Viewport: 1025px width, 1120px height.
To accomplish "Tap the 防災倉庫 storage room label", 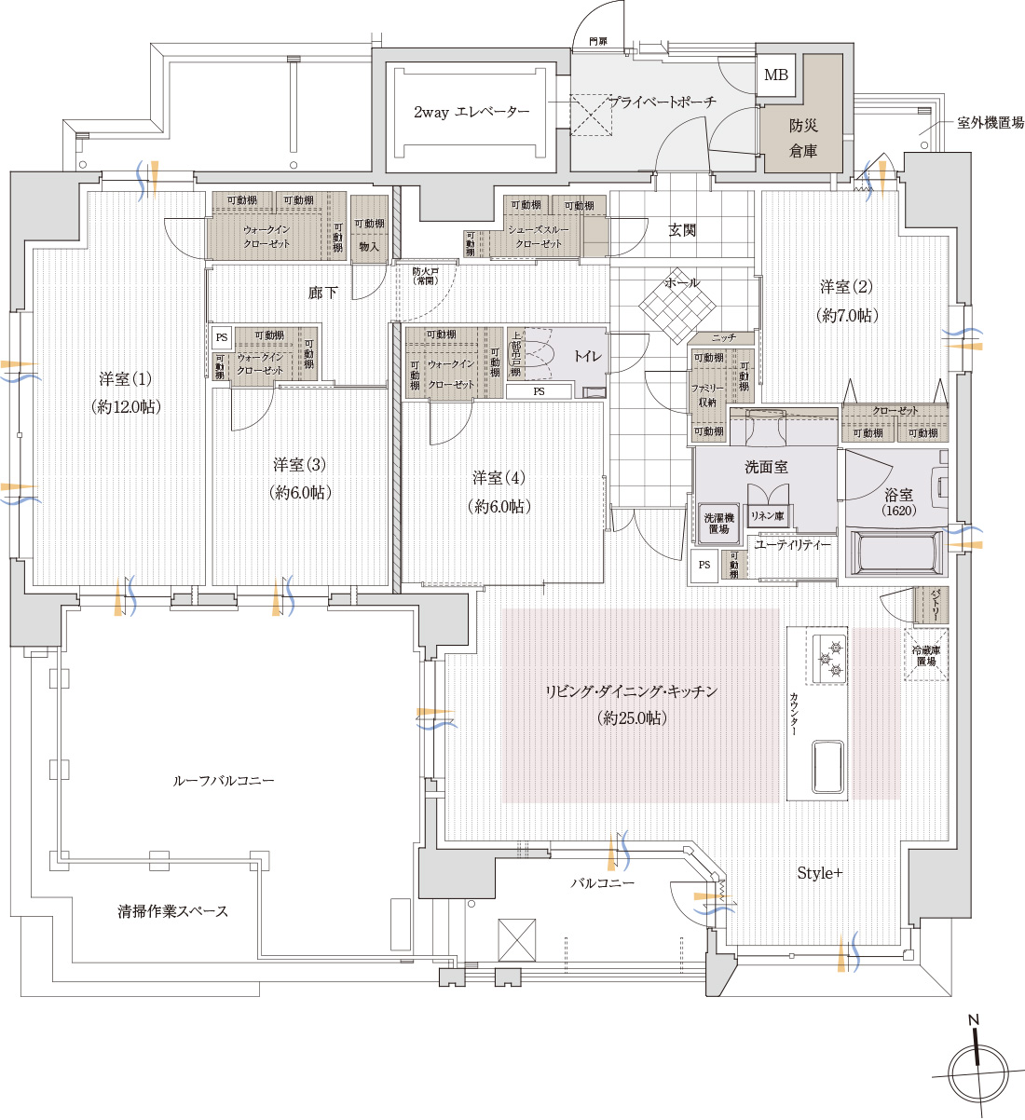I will tap(803, 137).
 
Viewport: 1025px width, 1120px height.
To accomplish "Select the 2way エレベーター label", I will tap(471, 112).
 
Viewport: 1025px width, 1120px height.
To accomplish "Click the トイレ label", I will tap(587, 356).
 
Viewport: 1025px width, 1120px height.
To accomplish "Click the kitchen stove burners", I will tap(830, 658).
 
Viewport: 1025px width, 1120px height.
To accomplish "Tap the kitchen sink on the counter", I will tap(828, 767).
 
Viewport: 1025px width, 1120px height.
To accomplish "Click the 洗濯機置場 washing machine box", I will tap(717, 523).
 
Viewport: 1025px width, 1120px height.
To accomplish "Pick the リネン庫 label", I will tap(766, 515).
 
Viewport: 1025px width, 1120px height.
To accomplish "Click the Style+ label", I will tap(819, 873).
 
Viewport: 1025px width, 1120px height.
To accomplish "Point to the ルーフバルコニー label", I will tap(224, 780).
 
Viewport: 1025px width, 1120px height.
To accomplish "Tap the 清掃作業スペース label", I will tap(172, 910).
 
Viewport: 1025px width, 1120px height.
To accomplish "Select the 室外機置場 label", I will tap(990, 122).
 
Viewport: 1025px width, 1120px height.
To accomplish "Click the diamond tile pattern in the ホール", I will tap(677, 302).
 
